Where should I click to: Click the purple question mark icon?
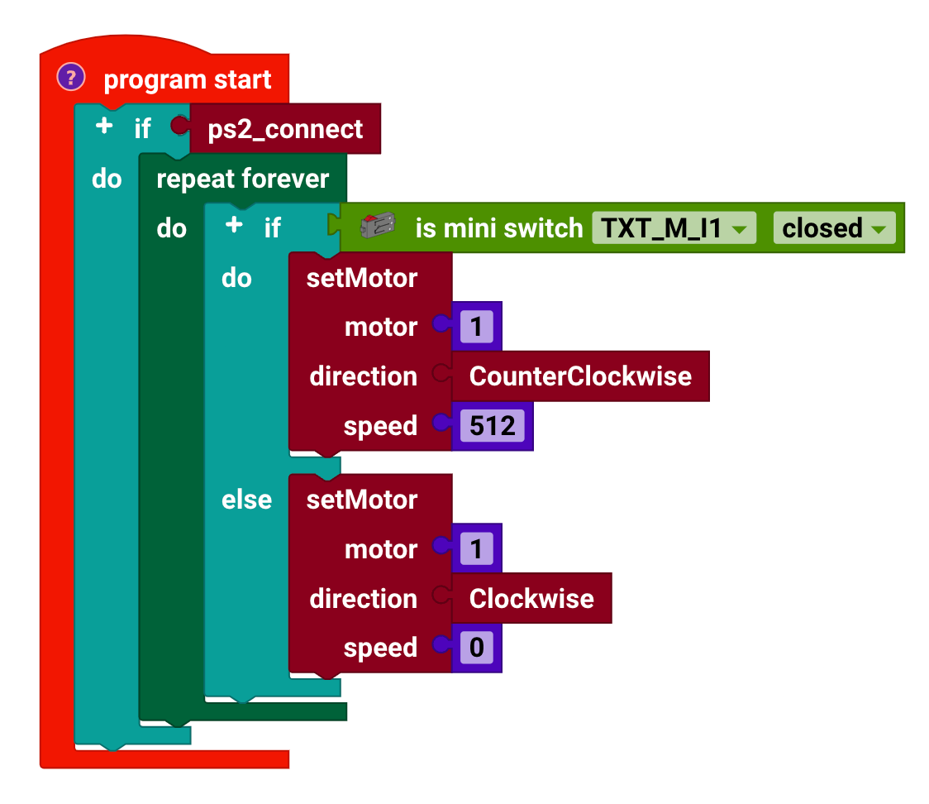pyautogui.click(x=71, y=79)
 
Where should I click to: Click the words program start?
pyautogui.click(x=188, y=80)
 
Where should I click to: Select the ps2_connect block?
pyautogui.click(x=285, y=129)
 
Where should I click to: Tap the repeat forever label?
pyautogui.click(x=242, y=179)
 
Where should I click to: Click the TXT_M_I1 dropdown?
pyautogui.click(x=674, y=228)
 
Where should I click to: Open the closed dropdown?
pyautogui.click(x=834, y=228)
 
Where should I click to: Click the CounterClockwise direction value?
pyautogui.click(x=580, y=376)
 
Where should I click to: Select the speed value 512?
pyautogui.click(x=492, y=426)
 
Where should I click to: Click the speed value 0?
pyautogui.click(x=476, y=648)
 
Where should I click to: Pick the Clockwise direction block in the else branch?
pyautogui.click(x=531, y=599)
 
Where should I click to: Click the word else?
pyautogui.click(x=246, y=500)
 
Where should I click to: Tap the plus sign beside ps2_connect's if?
pyautogui.click(x=104, y=127)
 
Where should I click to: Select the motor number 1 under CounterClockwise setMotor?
pyautogui.click(x=476, y=328)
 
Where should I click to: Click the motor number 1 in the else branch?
pyautogui.click(x=476, y=549)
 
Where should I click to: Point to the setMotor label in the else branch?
pyautogui.click(x=362, y=500)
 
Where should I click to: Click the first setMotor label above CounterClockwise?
pyautogui.click(x=362, y=278)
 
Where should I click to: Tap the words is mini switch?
pyautogui.click(x=498, y=228)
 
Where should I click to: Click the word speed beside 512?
pyautogui.click(x=380, y=426)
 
